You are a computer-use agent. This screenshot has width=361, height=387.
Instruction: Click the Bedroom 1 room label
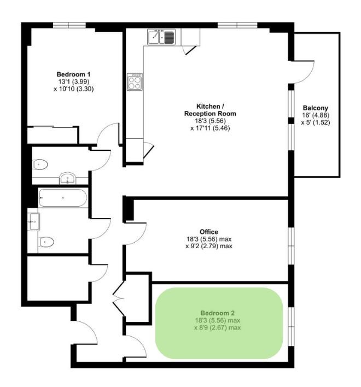point(73,74)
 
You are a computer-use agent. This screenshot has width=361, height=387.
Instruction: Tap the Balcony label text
point(315,108)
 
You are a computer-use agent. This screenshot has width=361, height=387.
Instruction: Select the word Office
point(209,232)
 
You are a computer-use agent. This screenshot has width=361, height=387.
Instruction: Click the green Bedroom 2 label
point(217,313)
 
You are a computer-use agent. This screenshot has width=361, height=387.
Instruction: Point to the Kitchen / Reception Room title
point(210,110)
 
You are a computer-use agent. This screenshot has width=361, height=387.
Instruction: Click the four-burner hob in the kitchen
point(135,82)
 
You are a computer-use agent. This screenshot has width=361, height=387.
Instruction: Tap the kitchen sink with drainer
point(161,37)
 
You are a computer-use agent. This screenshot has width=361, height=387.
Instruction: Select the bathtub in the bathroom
point(63,198)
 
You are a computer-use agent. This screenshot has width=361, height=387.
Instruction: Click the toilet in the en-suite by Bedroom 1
point(40,165)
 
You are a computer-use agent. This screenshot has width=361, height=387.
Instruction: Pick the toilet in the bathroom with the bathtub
point(46,242)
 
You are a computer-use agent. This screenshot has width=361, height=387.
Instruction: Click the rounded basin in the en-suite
point(67,178)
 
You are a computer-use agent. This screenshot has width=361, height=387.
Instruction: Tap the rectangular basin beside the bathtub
point(34,221)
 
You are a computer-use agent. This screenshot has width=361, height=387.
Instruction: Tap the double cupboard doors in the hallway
point(119,298)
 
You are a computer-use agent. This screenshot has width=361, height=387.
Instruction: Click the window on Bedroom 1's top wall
point(69,25)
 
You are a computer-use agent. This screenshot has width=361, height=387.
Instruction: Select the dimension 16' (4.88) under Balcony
point(316,115)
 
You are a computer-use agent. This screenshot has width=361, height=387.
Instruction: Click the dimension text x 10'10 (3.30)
point(74,89)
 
